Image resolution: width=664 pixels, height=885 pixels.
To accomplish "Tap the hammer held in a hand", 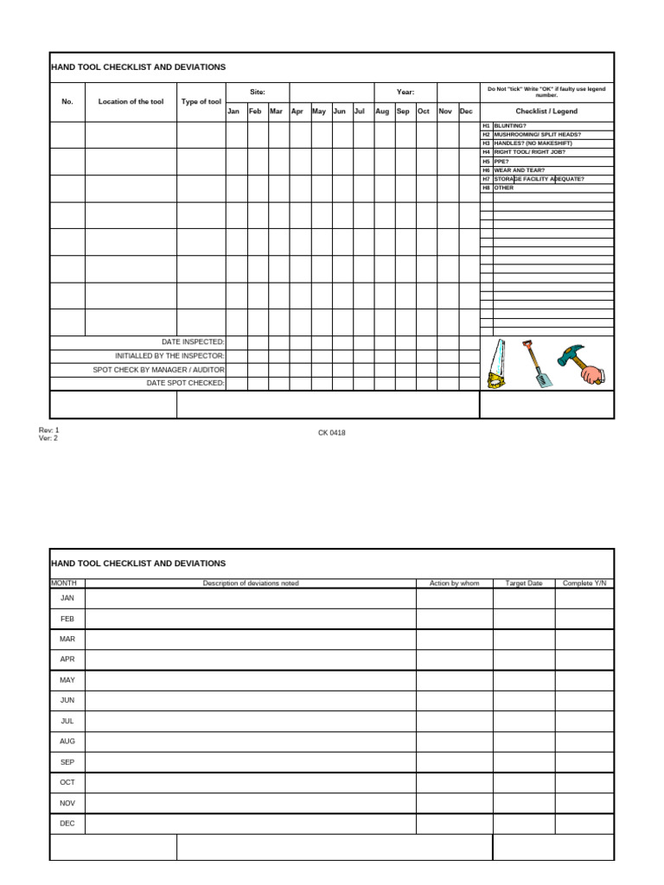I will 581,363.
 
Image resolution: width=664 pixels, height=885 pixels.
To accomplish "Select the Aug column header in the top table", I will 382,111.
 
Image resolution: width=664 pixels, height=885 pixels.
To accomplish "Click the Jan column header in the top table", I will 233,111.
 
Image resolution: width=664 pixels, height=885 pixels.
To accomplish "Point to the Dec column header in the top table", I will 466,111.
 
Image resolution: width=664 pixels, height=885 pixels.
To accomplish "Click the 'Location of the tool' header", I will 131,102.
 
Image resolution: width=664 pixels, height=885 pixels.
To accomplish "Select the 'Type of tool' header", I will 201,102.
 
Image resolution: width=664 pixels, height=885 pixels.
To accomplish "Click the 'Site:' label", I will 258,92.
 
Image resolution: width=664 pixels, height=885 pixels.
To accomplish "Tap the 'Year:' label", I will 405,92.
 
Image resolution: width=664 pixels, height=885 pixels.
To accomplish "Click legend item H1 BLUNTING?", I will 509,125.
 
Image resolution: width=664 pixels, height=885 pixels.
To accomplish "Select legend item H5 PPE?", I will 501,161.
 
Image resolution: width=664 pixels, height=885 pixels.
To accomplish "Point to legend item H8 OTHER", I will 503,188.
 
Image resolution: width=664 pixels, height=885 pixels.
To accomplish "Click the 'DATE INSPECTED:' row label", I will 193,342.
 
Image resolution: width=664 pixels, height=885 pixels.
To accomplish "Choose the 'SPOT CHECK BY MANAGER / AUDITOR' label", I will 159,369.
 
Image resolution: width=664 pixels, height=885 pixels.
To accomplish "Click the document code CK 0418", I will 332,433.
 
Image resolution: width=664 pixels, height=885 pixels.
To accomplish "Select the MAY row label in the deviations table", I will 67,680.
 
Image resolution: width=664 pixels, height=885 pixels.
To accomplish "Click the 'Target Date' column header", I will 523,583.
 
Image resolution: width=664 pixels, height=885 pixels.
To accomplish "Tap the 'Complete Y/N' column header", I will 584,583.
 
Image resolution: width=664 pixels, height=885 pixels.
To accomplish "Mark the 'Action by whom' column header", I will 454,583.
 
